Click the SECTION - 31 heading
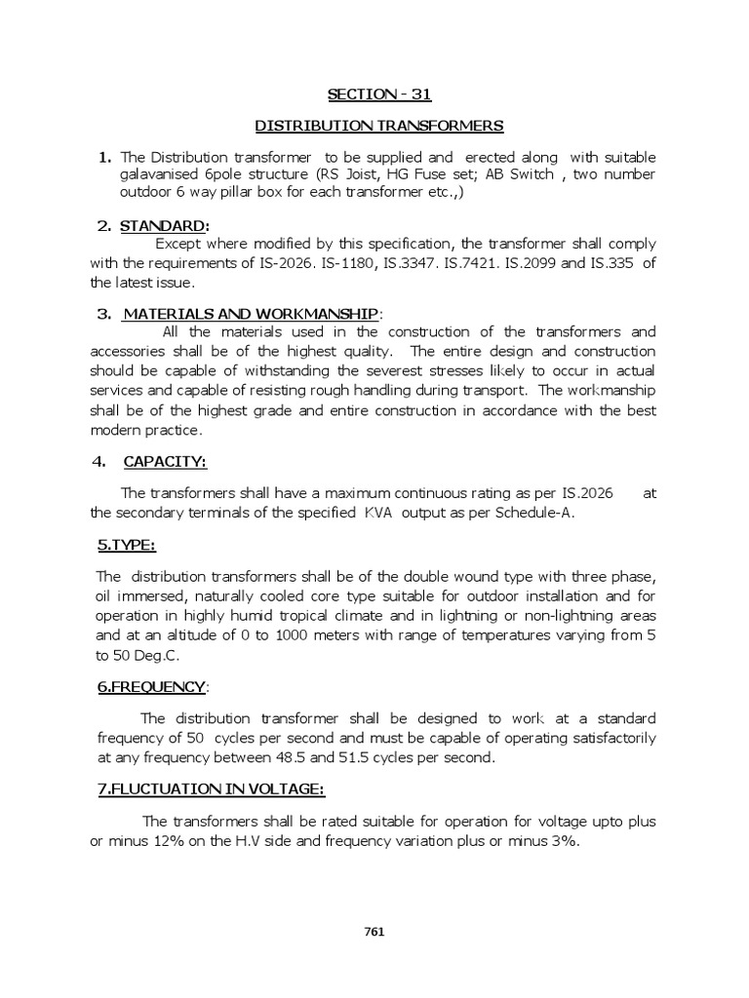377,94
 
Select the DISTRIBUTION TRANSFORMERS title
379,126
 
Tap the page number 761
374,931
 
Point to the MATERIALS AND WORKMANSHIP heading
249,313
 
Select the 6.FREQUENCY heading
151,687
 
